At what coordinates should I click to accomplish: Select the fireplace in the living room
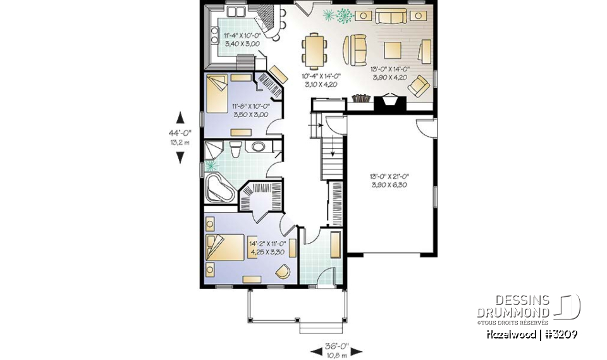coord(386,102)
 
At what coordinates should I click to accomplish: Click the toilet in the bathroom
coord(236,149)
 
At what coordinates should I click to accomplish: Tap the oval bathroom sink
coord(259,148)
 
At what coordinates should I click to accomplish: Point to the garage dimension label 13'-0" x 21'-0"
coord(391,180)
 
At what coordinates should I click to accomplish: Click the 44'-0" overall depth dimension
coord(180,133)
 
